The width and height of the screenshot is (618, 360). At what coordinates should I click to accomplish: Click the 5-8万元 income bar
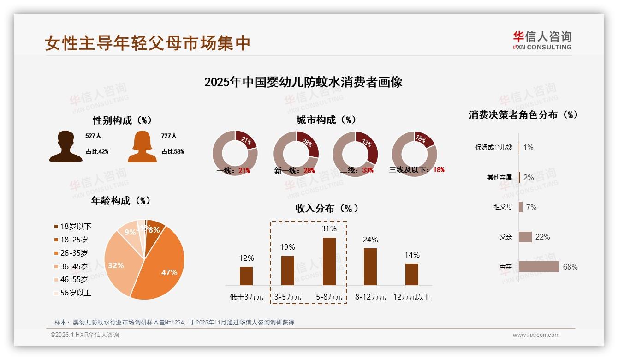click(329, 261)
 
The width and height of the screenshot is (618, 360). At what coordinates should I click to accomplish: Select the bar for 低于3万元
click(246, 276)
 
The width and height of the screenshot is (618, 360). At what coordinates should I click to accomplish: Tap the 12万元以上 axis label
click(411, 297)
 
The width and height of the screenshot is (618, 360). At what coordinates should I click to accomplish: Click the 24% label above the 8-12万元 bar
click(370, 240)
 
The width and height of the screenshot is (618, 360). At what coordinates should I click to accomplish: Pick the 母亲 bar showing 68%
click(538, 267)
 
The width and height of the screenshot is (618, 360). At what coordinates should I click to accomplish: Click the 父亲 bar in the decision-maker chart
click(525, 237)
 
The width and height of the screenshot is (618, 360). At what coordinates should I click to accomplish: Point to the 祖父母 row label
click(503, 207)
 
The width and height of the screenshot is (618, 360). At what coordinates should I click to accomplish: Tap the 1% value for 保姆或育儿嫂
click(529, 147)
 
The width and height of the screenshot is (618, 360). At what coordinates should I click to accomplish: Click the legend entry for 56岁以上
click(72, 293)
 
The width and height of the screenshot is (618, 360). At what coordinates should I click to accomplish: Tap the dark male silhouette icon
click(66, 147)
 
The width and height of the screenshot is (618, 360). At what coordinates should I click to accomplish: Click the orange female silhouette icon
click(142, 147)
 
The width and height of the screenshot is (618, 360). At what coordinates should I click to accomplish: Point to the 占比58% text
click(172, 151)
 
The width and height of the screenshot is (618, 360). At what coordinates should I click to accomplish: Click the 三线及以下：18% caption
click(416, 170)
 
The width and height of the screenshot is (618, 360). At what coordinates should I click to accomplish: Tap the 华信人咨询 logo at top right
click(542, 40)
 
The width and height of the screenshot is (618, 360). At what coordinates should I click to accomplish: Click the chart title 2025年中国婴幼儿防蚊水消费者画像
click(303, 82)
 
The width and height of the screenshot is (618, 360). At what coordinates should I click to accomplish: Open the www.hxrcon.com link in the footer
click(536, 335)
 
